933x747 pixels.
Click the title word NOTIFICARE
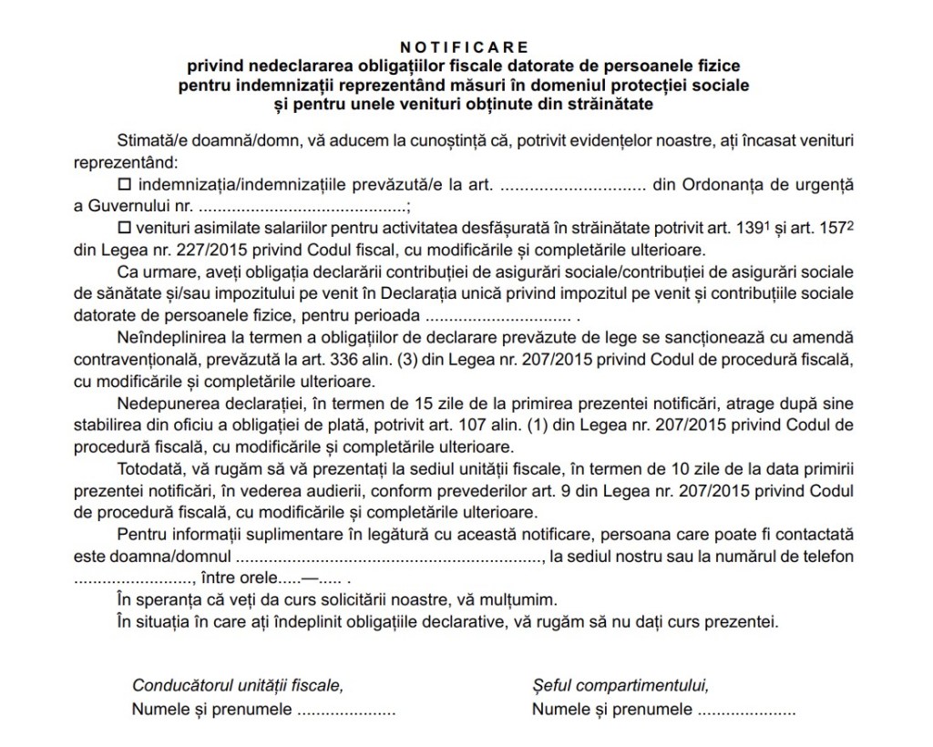(465, 46)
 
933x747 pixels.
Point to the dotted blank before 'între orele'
(132, 578)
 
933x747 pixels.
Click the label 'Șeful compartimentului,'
(620, 685)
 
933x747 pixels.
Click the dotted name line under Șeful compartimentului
(745, 709)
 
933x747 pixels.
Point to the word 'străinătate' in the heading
(609, 105)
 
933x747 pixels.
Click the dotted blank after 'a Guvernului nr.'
(302, 206)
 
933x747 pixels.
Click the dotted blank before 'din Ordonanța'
(573, 184)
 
